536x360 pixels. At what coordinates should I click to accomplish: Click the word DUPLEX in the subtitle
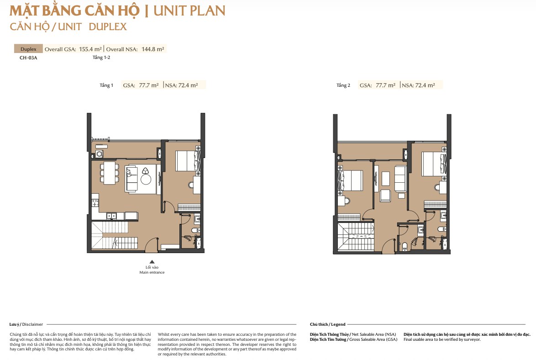click(x=108, y=26)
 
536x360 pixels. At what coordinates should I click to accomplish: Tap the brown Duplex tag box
click(x=28, y=48)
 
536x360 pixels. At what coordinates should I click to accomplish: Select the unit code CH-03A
click(x=28, y=58)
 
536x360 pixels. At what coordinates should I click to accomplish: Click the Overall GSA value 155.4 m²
click(x=90, y=49)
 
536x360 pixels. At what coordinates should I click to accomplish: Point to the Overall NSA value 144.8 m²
click(x=153, y=49)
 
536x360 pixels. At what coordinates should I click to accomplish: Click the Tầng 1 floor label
click(x=106, y=85)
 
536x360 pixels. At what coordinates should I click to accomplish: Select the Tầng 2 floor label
click(x=343, y=85)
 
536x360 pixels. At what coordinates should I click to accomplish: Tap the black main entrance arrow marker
click(x=152, y=262)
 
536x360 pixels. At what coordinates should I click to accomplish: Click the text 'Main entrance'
click(x=152, y=272)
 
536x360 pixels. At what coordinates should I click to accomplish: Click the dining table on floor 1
click(x=110, y=173)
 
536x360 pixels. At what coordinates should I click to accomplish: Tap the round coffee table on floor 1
click(x=146, y=180)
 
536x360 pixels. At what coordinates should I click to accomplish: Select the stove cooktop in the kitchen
click(x=95, y=202)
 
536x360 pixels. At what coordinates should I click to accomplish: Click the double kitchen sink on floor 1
click(x=111, y=216)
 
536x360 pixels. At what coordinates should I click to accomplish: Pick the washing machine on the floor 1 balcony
click(x=100, y=154)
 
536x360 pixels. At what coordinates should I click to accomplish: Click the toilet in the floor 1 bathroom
click(x=196, y=231)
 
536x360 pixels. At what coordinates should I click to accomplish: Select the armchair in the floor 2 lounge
click(x=386, y=196)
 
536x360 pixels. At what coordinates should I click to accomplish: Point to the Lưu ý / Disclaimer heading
click(x=26, y=324)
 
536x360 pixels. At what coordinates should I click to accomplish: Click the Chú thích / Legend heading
click(x=328, y=324)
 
